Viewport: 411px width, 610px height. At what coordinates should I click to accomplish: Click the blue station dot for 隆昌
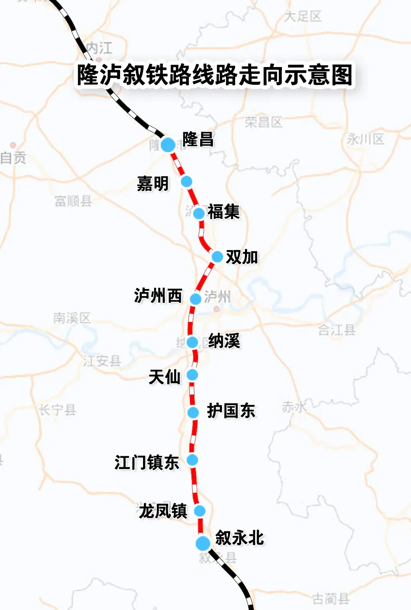point(168,144)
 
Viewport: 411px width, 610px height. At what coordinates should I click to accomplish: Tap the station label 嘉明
point(153,183)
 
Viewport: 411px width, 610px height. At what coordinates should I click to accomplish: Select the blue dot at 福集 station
point(199,213)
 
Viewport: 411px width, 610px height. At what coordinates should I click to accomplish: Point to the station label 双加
point(242,257)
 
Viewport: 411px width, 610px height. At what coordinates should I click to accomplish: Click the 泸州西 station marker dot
point(196,299)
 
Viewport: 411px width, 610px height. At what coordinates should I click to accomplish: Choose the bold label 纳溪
point(224,341)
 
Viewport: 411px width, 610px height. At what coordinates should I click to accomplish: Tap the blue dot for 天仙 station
point(192,375)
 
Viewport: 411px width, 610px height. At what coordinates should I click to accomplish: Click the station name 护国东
point(231,411)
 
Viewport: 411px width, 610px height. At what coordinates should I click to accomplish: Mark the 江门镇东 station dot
point(192,459)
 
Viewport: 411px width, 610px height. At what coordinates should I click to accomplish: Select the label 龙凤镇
point(163,511)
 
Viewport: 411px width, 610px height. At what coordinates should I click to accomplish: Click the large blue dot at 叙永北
point(203,543)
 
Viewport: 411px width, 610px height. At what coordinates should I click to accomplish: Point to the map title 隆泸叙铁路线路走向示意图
point(215,75)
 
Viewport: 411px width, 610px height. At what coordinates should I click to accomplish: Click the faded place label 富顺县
point(73,201)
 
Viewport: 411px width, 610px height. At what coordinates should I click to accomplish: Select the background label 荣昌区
point(263,122)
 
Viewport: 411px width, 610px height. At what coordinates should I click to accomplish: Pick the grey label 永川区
point(365,139)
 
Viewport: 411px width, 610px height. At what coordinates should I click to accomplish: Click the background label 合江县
point(337,329)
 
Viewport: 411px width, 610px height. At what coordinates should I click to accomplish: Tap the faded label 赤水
point(294,407)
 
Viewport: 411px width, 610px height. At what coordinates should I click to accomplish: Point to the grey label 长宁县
point(58,410)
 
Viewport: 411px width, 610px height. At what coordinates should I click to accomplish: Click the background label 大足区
point(302,16)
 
